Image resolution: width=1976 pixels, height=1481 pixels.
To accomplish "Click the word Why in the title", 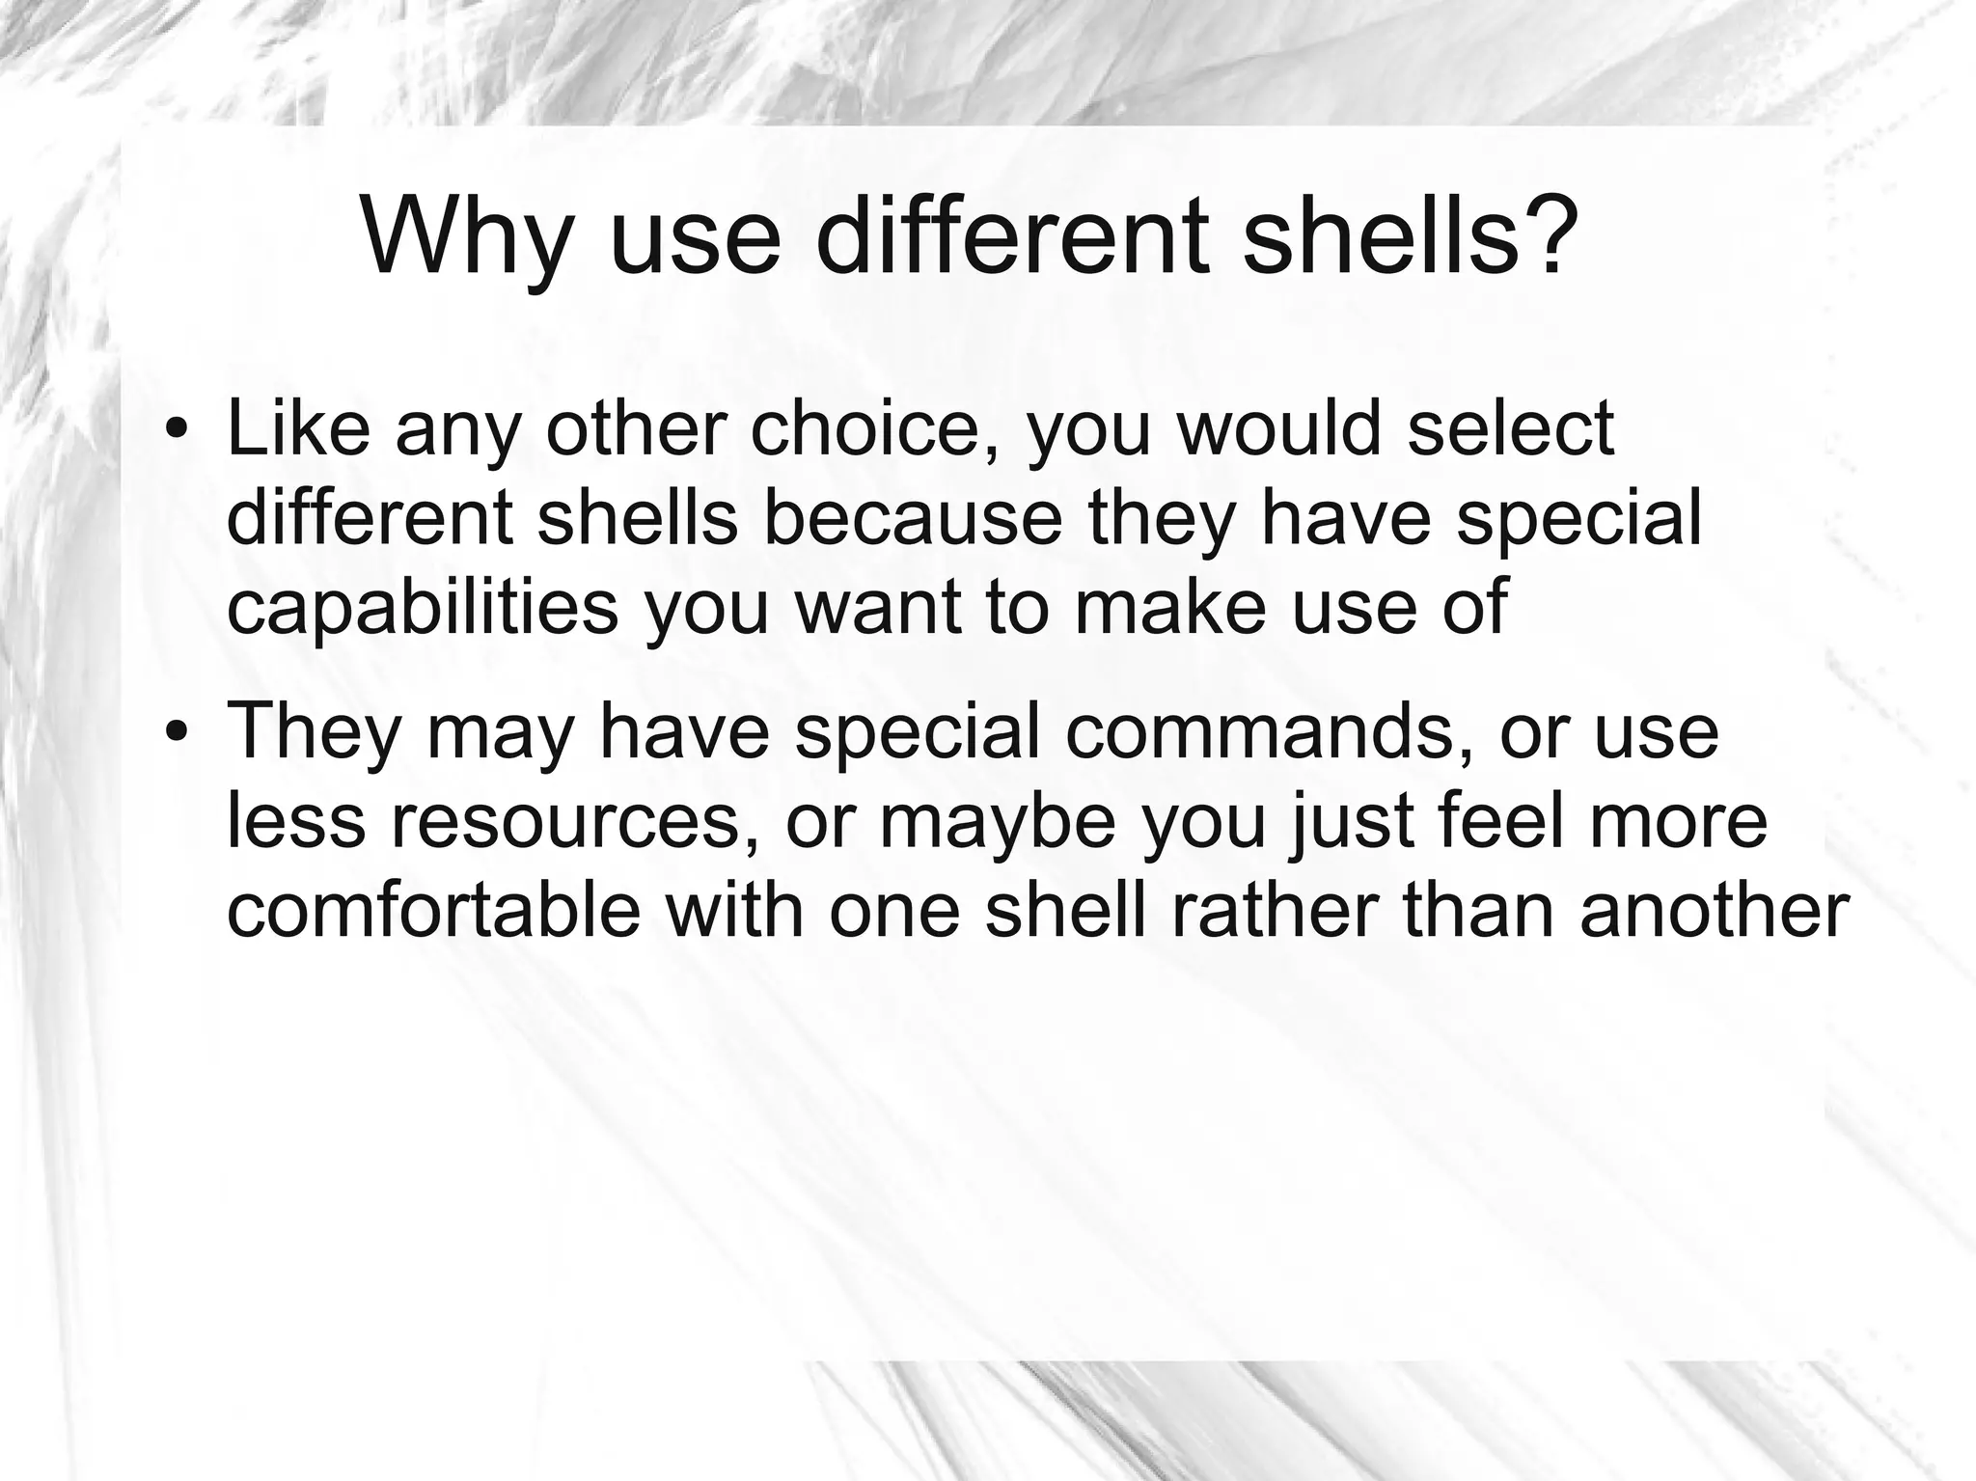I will tap(463, 236).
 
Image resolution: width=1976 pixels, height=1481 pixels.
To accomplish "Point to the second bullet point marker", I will tap(175, 730).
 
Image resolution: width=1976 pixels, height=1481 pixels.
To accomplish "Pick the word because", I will tap(913, 518).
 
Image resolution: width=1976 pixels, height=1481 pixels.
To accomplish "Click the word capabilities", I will tap(423, 608).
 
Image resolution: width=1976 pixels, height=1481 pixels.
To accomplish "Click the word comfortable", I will tap(433, 910).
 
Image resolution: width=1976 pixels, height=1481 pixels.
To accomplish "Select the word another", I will tap(1714, 910).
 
